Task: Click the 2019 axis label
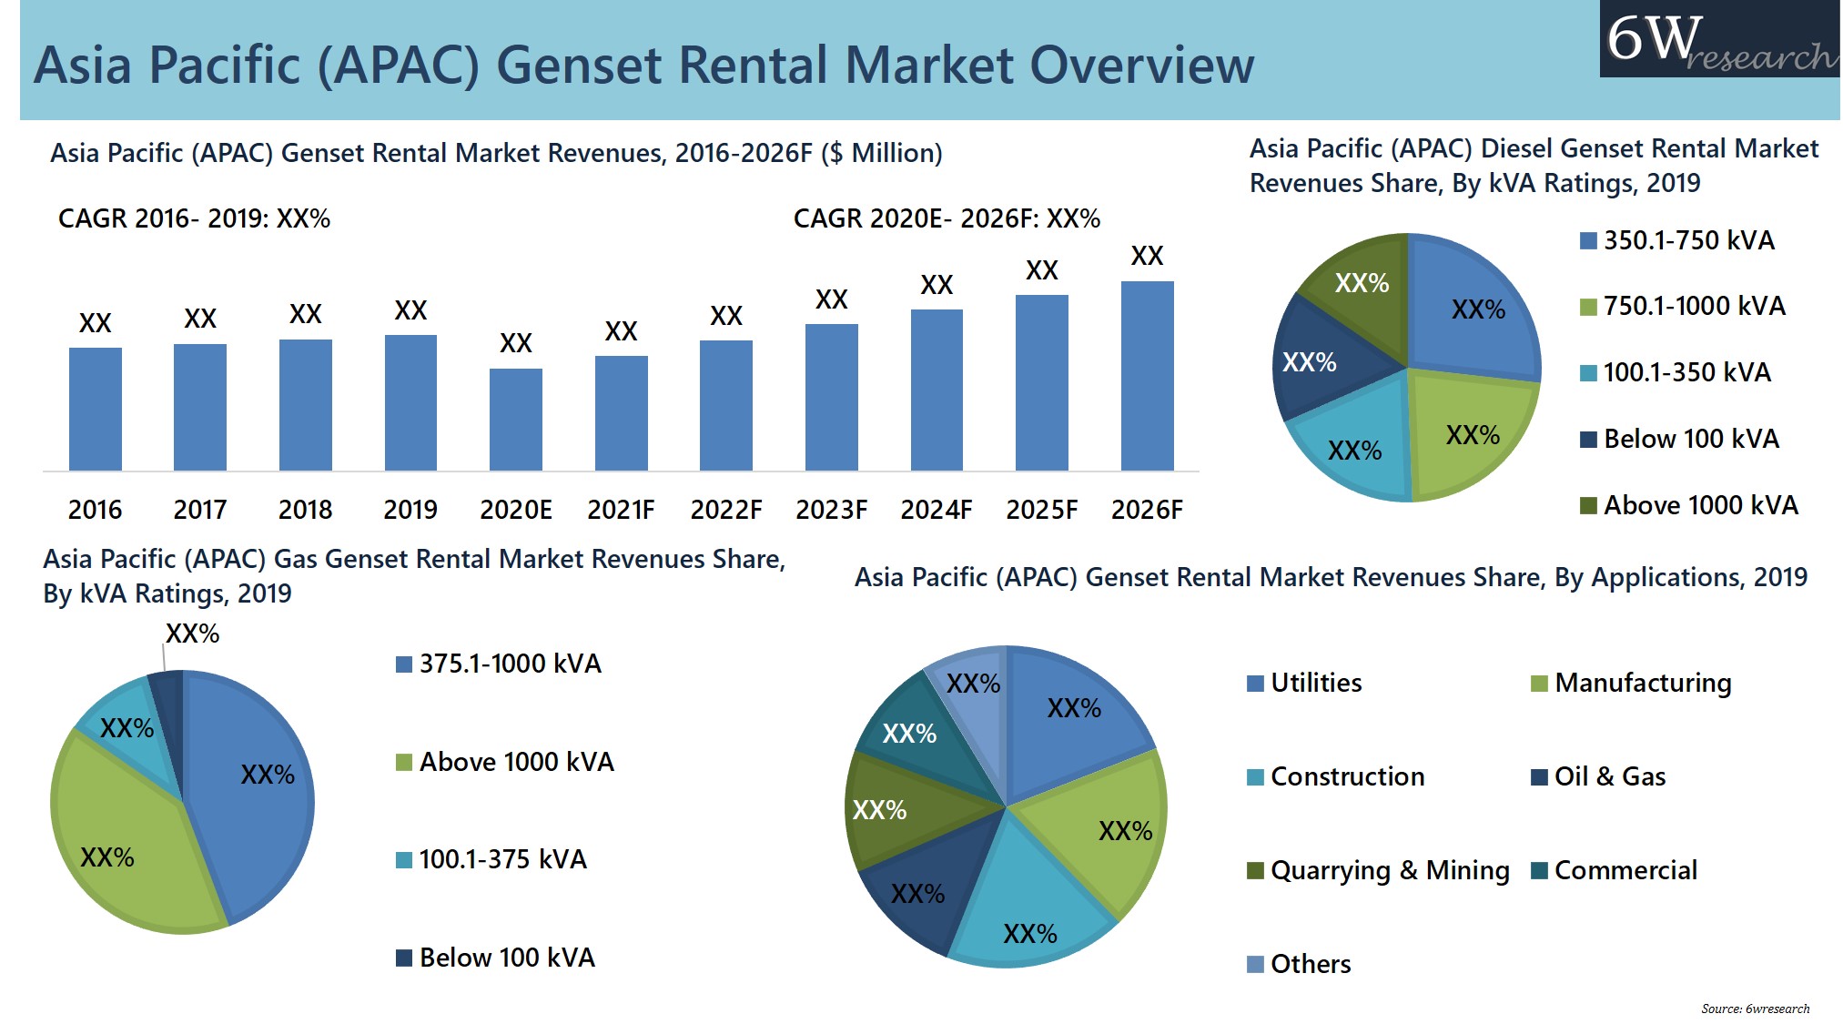(x=410, y=510)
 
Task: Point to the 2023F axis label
(x=831, y=510)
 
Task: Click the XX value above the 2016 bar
(x=95, y=323)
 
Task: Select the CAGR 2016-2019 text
(x=194, y=218)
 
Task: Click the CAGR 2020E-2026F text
(x=947, y=218)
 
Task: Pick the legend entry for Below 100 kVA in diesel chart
(x=1680, y=439)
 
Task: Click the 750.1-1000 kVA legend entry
(x=1683, y=306)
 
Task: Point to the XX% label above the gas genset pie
(x=192, y=634)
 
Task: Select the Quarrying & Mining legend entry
(x=1378, y=870)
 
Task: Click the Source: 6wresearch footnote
(x=1755, y=1009)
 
